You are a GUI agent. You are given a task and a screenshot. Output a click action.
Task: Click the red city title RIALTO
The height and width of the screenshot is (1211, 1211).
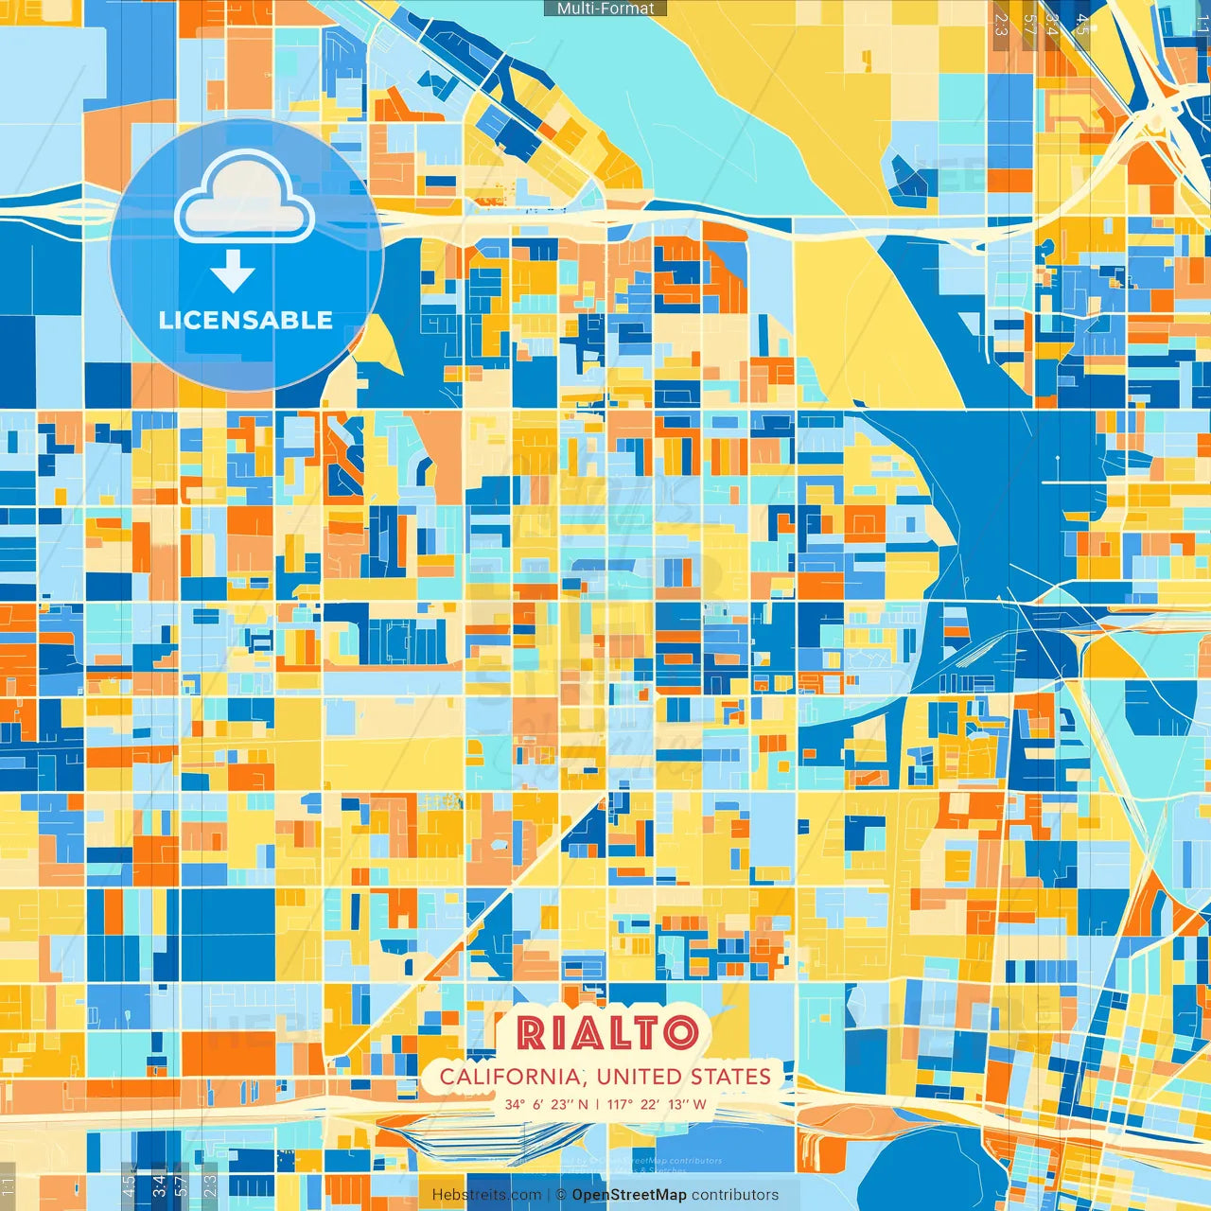click(x=607, y=1033)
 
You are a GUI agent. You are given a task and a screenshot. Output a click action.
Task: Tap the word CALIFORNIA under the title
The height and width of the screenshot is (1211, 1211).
click(x=510, y=1077)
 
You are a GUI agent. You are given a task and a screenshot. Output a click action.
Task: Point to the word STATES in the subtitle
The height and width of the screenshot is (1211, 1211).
click(x=730, y=1077)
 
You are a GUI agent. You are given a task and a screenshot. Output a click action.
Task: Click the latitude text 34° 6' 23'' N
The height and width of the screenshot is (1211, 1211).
click(x=546, y=1104)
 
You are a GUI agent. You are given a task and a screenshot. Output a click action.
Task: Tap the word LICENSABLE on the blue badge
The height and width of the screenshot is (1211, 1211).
click(x=246, y=320)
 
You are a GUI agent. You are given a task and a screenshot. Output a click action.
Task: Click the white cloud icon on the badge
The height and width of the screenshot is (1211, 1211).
click(x=245, y=198)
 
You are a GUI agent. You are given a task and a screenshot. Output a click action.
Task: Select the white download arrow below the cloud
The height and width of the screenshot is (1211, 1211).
click(x=233, y=272)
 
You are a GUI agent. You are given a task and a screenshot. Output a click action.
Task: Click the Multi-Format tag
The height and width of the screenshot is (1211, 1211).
click(x=605, y=9)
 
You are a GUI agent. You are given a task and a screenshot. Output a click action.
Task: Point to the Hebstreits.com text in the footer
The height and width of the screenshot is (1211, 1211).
click(x=486, y=1195)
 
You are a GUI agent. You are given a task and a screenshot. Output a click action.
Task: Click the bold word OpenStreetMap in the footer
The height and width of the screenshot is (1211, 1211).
click(x=629, y=1195)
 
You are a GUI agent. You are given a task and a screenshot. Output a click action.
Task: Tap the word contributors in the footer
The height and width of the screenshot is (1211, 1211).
click(x=735, y=1195)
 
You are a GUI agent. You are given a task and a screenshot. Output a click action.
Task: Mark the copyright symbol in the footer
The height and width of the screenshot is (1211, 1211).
click(x=561, y=1195)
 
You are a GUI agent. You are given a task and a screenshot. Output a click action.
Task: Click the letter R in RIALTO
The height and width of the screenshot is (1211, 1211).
click(x=532, y=1033)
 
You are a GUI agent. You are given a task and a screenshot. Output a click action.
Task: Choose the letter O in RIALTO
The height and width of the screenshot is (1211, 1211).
click(x=679, y=1033)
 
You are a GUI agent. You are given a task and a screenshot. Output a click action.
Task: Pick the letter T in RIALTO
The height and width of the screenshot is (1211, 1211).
click(x=641, y=1033)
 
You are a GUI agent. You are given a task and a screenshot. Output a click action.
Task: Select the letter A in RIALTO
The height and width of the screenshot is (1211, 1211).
click(x=583, y=1033)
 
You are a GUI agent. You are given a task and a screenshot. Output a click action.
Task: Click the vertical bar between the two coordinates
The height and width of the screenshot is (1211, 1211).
click(x=597, y=1104)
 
